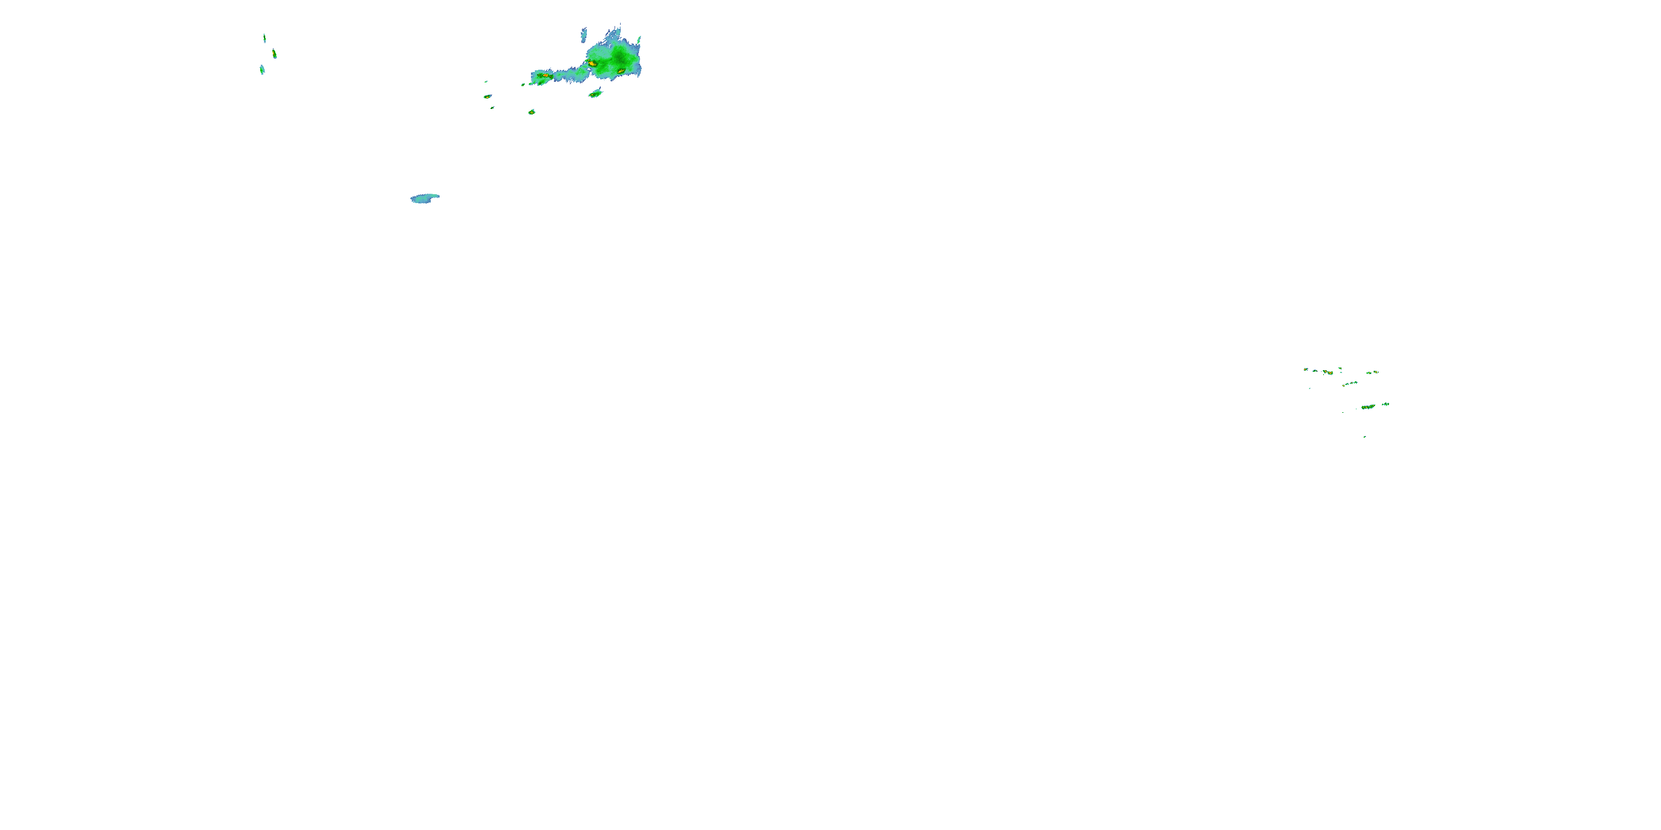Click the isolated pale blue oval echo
(424, 198)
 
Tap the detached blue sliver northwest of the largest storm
(584, 34)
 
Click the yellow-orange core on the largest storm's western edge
(591, 63)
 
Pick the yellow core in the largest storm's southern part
(620, 71)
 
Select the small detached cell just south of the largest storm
(595, 94)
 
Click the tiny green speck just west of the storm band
(523, 85)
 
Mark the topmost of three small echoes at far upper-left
(264, 38)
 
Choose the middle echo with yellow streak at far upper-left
(275, 54)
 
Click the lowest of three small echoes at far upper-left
(262, 70)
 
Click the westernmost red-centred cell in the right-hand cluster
(1328, 372)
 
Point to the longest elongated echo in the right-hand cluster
(1368, 407)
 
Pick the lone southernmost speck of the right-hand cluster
(1364, 437)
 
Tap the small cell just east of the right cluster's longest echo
(1385, 404)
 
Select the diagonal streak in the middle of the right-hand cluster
(1350, 384)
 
